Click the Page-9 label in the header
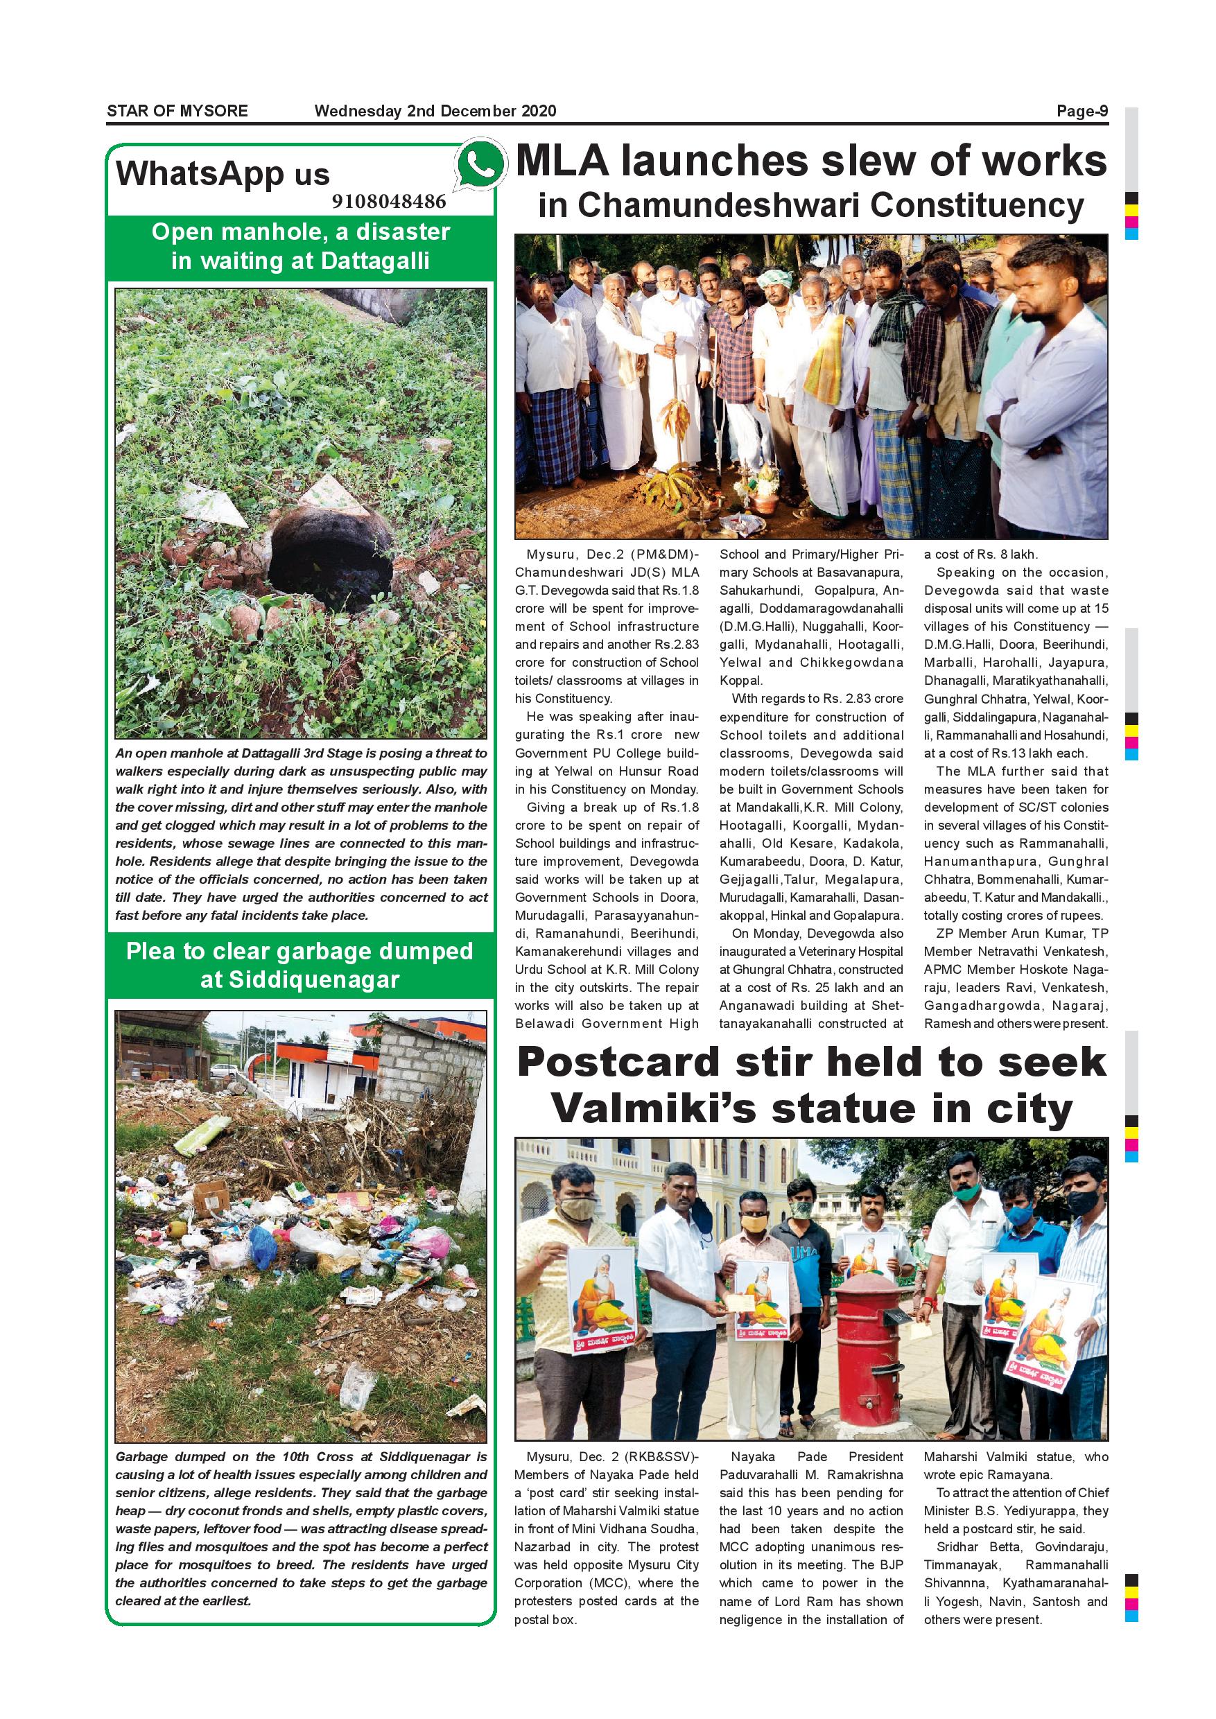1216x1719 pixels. point(1082,112)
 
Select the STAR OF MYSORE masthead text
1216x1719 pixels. point(177,112)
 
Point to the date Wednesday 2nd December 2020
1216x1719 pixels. point(435,112)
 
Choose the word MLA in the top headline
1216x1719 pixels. point(568,162)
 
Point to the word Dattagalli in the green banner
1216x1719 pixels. point(375,261)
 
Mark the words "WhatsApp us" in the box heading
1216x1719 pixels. point(223,175)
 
